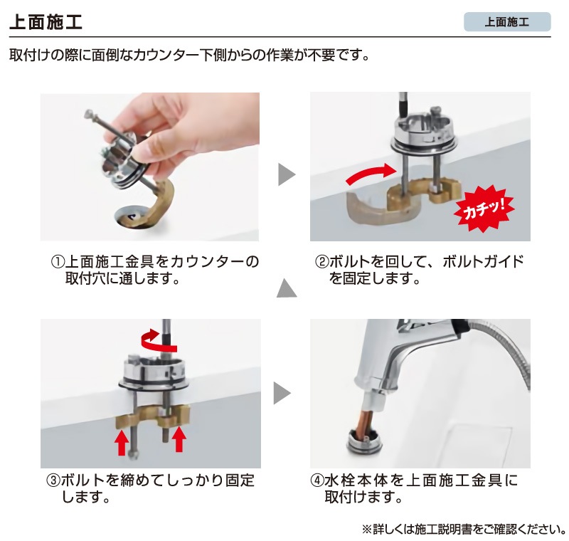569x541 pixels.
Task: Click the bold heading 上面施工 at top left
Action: [x=46, y=21]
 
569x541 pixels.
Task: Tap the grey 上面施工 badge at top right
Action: [x=506, y=21]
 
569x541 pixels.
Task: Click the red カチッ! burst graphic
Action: [x=483, y=208]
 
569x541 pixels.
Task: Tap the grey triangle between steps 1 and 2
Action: [x=285, y=174]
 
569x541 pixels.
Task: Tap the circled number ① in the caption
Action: [x=57, y=261]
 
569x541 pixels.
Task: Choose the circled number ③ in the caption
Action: [x=53, y=480]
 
